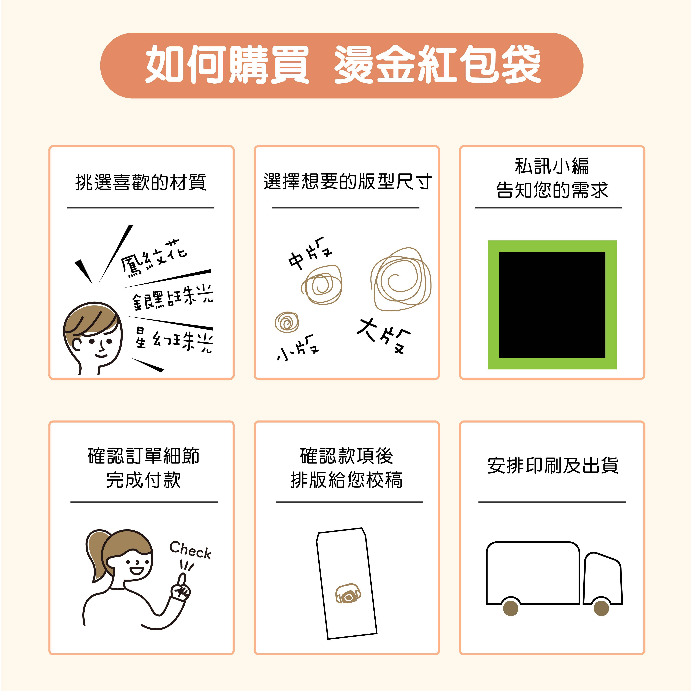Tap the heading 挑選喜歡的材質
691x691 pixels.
(x=141, y=182)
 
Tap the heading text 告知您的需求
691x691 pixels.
(x=552, y=190)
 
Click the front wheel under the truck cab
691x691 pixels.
(x=601, y=608)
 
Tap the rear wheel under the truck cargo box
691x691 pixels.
(x=511, y=608)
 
